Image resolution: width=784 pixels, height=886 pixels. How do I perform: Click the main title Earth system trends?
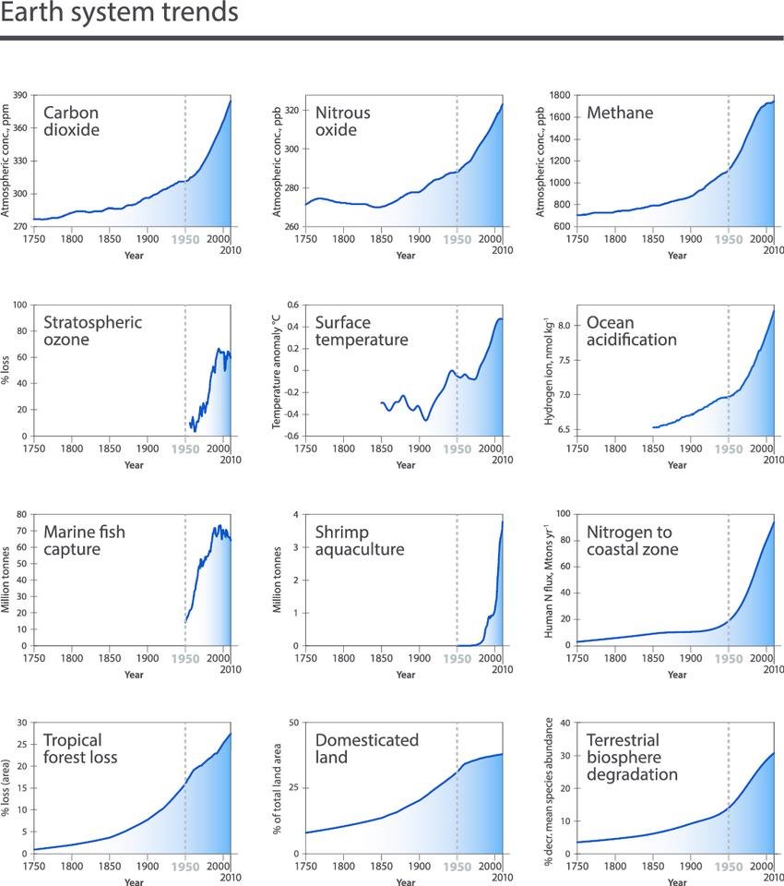click(x=120, y=14)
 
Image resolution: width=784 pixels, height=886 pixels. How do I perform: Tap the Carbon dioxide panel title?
click(x=71, y=122)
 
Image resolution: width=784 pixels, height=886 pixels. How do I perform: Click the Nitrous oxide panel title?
click(x=342, y=122)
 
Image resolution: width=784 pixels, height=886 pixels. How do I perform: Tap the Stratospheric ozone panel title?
click(x=93, y=331)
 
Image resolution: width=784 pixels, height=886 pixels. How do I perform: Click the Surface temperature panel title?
click(x=361, y=331)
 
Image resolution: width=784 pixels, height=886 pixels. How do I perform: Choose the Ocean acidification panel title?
click(x=632, y=331)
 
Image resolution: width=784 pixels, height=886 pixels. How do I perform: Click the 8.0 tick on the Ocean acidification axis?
click(x=564, y=325)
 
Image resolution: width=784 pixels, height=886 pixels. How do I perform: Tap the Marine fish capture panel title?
click(x=84, y=541)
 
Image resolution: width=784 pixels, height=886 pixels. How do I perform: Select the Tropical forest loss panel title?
click(x=80, y=749)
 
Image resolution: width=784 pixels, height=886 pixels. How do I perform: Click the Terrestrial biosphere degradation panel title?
click(x=632, y=758)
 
